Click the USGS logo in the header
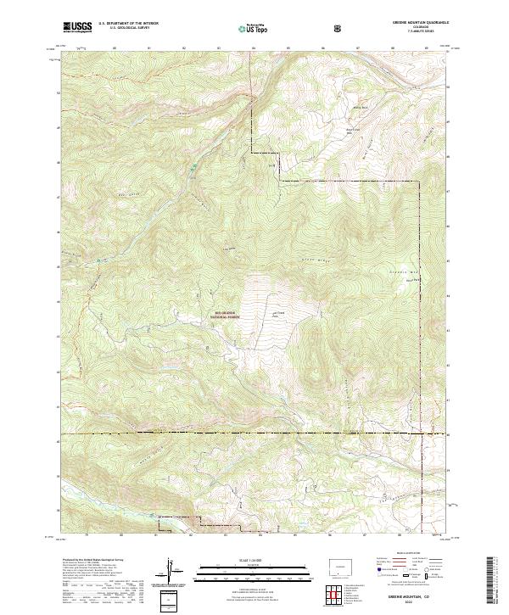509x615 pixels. (77, 27)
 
